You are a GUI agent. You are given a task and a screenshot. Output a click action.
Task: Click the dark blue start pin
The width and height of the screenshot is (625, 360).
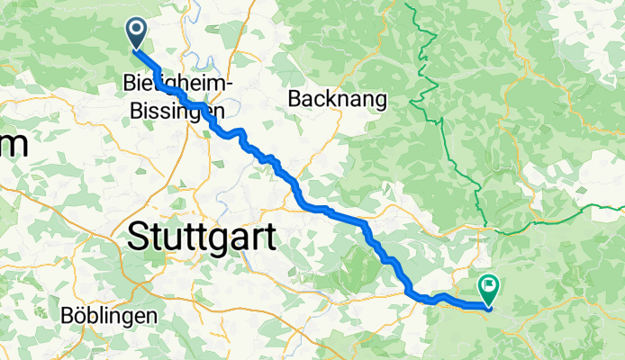click(137, 34)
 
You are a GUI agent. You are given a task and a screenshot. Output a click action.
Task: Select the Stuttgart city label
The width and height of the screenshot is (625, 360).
click(201, 238)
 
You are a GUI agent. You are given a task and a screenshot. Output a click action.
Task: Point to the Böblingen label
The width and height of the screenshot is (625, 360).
click(109, 317)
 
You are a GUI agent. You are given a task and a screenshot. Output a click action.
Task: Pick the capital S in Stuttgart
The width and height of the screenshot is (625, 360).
click(140, 238)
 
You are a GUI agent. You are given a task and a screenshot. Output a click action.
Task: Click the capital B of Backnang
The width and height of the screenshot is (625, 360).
click(294, 98)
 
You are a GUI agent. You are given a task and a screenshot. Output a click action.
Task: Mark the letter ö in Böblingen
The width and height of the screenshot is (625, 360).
click(80, 317)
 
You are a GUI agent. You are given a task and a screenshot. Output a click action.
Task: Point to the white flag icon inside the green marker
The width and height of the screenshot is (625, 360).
click(489, 285)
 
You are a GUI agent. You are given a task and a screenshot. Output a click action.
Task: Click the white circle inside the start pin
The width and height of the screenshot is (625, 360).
click(137, 30)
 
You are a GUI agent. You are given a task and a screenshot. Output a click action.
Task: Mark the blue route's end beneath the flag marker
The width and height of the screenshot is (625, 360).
click(489, 309)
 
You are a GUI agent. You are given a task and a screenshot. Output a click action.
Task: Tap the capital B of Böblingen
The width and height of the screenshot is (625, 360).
click(68, 317)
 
